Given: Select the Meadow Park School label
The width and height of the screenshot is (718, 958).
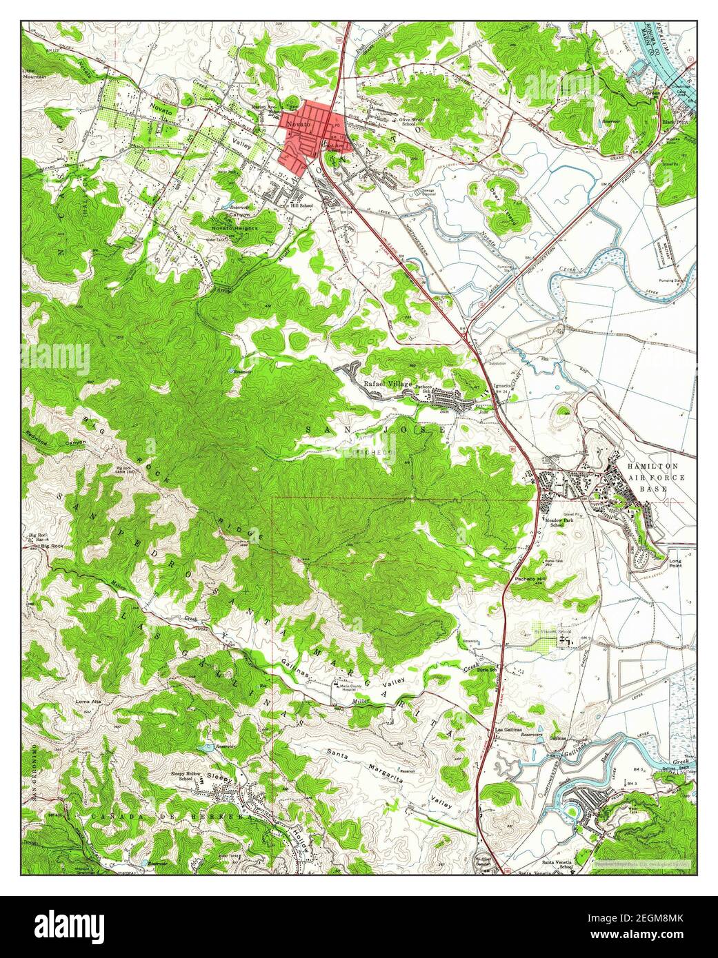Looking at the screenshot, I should tap(552, 522).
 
